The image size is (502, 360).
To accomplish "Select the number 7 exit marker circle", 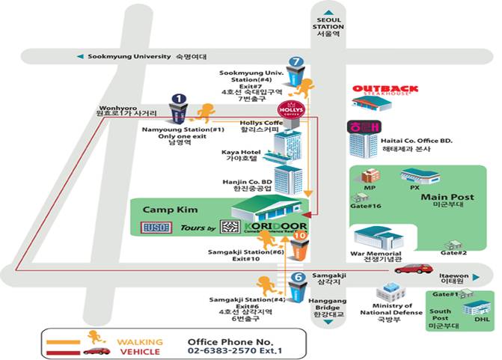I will coord(297,61).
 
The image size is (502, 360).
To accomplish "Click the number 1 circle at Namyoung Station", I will coord(178,98).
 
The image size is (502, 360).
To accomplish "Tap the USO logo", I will coord(156,227).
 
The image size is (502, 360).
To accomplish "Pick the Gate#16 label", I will coord(366,205).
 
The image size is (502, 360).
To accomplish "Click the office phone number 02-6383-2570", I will coord(224,349).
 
